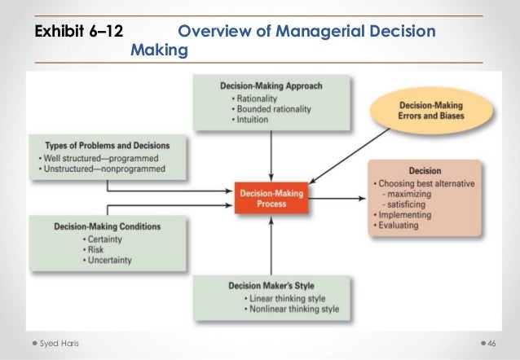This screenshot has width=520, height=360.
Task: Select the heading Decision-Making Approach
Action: (271, 86)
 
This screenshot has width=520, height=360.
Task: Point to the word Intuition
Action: (253, 120)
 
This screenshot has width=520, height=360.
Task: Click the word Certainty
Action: (107, 239)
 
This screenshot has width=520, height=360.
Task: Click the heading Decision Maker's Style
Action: (271, 287)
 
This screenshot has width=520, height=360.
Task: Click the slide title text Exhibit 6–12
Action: (78, 33)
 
